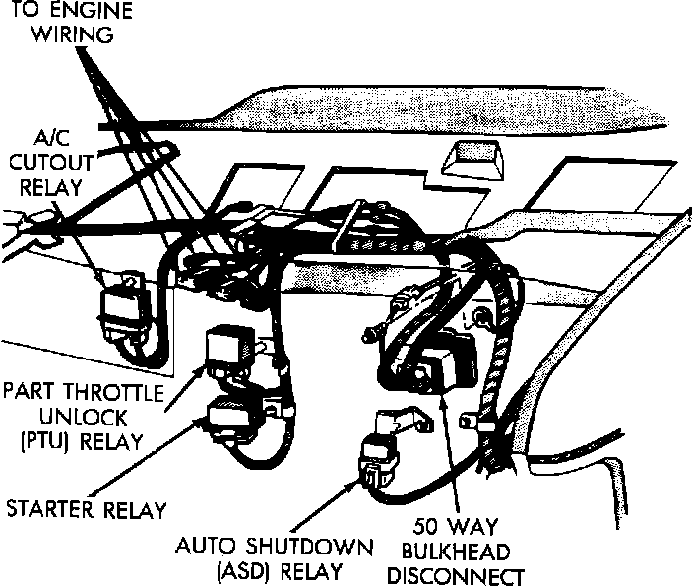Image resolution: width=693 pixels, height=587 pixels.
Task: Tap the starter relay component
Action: click(x=233, y=417)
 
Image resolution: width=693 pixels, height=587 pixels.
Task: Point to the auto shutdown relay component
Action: click(x=380, y=458)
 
